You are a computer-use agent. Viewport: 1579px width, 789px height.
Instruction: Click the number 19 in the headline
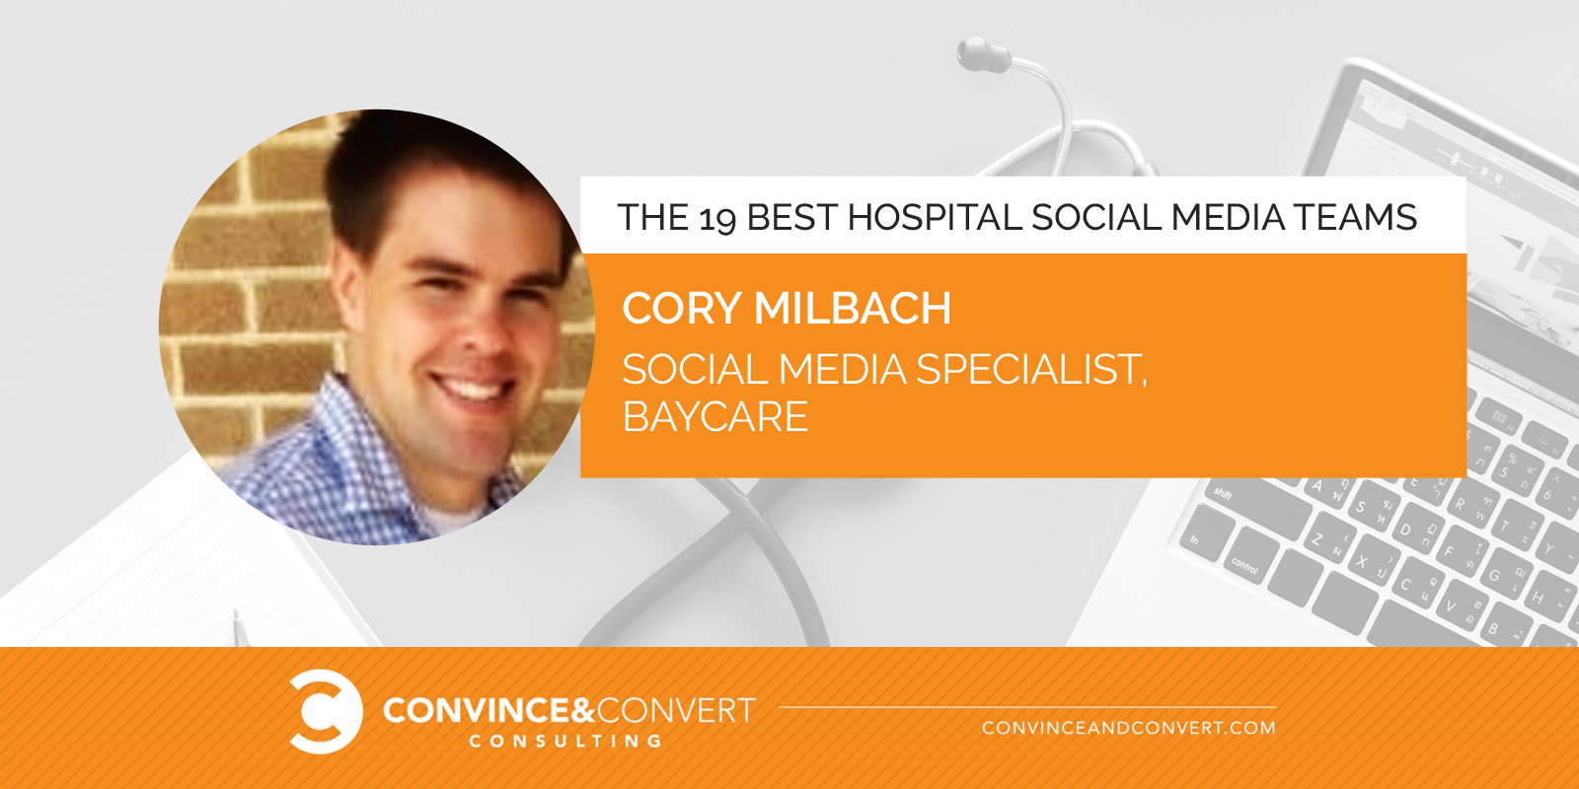[x=717, y=218]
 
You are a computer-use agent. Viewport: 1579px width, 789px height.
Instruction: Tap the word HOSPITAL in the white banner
[x=934, y=217]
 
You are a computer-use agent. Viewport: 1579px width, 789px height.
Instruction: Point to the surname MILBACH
[x=853, y=308]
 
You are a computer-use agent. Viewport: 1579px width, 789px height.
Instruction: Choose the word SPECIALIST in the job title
[x=1032, y=369]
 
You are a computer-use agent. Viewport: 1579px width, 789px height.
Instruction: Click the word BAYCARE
[x=714, y=416]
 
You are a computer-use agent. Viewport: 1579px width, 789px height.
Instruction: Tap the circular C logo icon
[x=326, y=711]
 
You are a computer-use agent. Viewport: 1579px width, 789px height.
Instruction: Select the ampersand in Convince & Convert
[x=581, y=710]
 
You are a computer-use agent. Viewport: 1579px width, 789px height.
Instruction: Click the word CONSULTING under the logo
[x=566, y=741]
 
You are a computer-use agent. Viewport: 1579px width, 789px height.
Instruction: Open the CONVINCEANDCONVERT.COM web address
[x=1129, y=728]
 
